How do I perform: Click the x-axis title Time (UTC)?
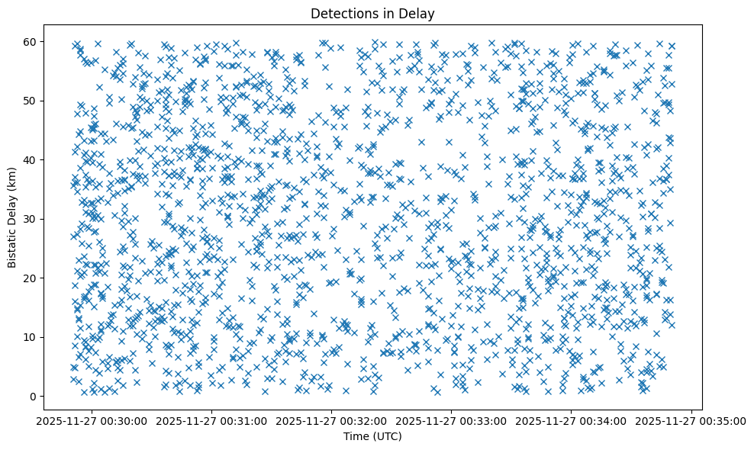[x=372, y=437]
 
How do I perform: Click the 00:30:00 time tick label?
[x=92, y=420]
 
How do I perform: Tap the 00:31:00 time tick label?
[x=212, y=420]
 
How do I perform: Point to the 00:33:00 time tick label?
[x=452, y=420]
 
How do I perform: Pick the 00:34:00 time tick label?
[x=572, y=420]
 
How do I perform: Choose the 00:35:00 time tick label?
[x=691, y=420]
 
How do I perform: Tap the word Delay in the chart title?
[x=419, y=13]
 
